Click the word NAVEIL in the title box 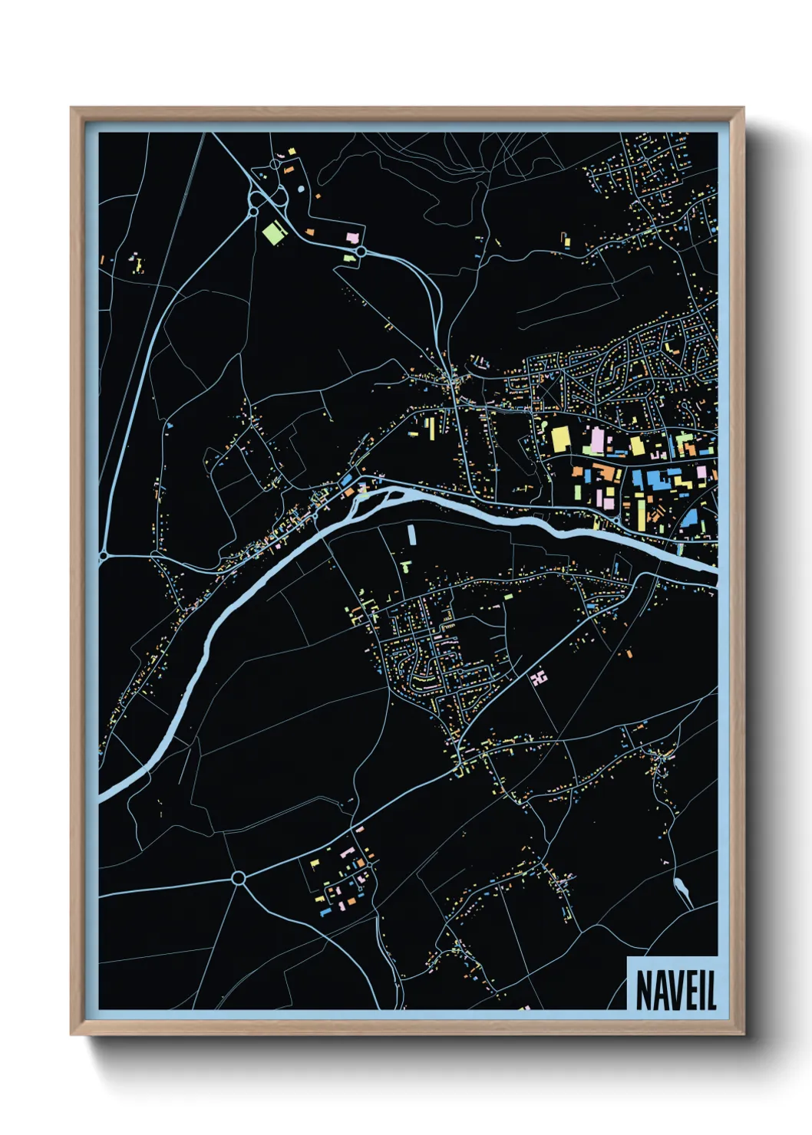point(675,990)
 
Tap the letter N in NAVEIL point(644,990)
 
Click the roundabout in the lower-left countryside point(238,877)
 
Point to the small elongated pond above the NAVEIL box point(682,890)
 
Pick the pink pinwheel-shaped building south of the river point(539,678)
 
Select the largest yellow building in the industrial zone point(560,439)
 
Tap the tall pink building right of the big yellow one point(597,440)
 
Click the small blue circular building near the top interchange point(300,188)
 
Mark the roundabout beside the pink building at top point(361,251)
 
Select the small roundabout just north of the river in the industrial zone point(619,522)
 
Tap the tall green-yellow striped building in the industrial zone point(682,444)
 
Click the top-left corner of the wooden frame point(72,109)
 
